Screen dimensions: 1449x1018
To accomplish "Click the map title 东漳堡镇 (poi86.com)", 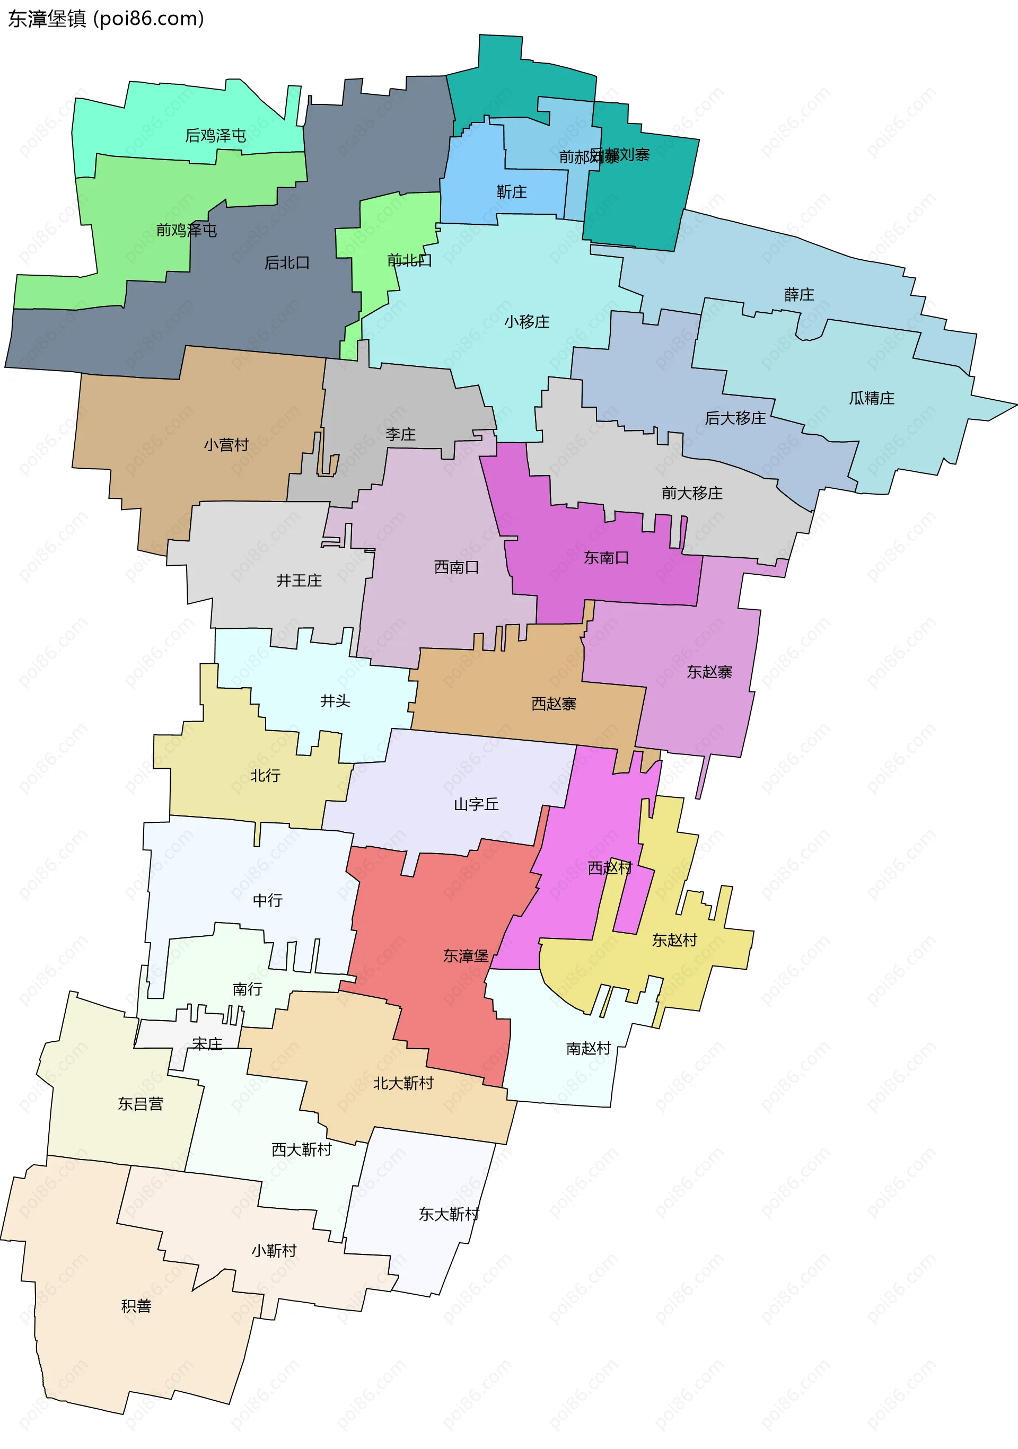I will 106,19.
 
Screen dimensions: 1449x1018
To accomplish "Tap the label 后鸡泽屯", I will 215,136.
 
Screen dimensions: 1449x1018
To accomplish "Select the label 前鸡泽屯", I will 186,230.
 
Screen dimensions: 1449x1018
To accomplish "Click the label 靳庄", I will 511,192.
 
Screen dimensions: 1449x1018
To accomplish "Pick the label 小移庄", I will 526,322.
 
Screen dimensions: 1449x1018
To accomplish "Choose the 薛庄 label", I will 798,295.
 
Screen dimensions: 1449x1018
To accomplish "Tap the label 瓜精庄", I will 871,398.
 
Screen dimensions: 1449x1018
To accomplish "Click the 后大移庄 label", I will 735,418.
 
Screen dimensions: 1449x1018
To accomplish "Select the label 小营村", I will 226,445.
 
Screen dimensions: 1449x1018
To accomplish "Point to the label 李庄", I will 400,434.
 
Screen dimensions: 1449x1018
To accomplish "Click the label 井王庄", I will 299,580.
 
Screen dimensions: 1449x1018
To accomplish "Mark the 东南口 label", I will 606,557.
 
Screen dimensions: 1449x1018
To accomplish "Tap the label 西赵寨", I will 554,703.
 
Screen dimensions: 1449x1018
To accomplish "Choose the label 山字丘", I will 476,804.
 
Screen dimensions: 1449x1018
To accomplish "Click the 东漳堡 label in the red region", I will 466,955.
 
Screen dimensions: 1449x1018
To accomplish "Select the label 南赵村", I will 588,1048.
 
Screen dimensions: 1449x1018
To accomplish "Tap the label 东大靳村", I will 449,1214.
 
